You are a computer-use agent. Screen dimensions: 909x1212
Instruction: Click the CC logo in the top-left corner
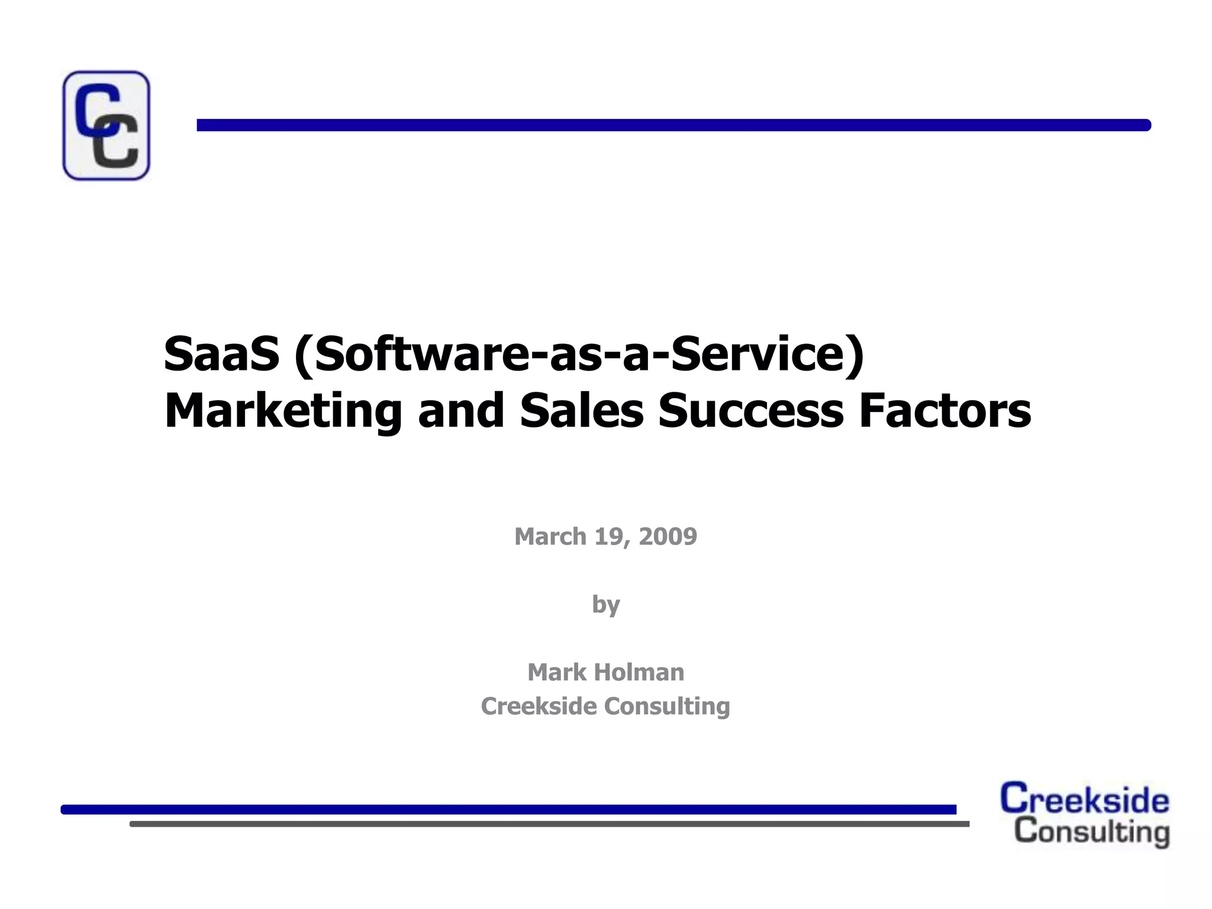(106, 125)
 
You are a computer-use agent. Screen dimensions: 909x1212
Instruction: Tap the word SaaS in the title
(221, 354)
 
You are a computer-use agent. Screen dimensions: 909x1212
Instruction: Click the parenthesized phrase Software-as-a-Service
(579, 354)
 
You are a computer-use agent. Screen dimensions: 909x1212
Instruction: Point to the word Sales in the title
(581, 411)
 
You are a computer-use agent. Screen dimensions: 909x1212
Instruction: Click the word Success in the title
(750, 411)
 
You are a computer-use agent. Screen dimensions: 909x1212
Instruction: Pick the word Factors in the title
(945, 411)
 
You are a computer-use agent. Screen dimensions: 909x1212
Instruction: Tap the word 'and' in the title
(461, 411)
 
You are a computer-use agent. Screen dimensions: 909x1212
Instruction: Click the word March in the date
(550, 537)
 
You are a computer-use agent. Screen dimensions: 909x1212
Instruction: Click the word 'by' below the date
(606, 605)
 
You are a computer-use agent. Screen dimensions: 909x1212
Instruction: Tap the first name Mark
(556, 672)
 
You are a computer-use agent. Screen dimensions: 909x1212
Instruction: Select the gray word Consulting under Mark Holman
(667, 706)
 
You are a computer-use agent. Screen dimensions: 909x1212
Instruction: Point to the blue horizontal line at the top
(673, 125)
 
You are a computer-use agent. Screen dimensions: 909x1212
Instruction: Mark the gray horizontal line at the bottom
(549, 824)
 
